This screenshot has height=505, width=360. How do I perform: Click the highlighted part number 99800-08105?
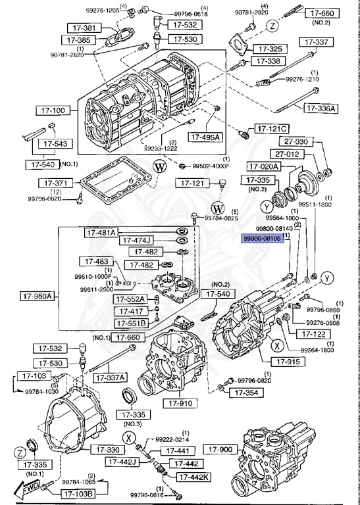coord(263,240)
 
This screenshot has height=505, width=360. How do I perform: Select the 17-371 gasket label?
coord(54,182)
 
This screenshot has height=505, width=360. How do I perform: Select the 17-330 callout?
coord(106,449)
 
